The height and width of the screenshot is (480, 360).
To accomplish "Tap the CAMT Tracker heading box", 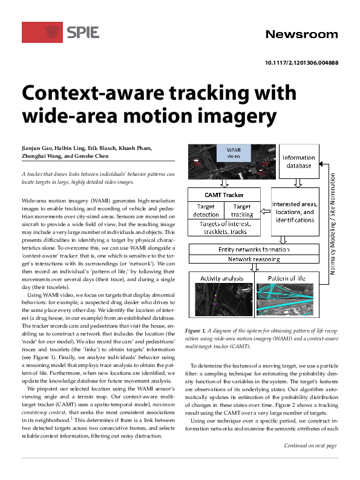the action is click(x=224, y=195).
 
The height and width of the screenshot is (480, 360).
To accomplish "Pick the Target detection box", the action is click(x=206, y=210).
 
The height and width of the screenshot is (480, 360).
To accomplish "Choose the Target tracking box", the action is click(x=242, y=210).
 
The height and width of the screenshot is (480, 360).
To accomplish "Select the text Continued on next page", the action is click(x=310, y=462).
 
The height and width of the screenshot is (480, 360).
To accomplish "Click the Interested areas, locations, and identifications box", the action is click(x=300, y=212).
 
